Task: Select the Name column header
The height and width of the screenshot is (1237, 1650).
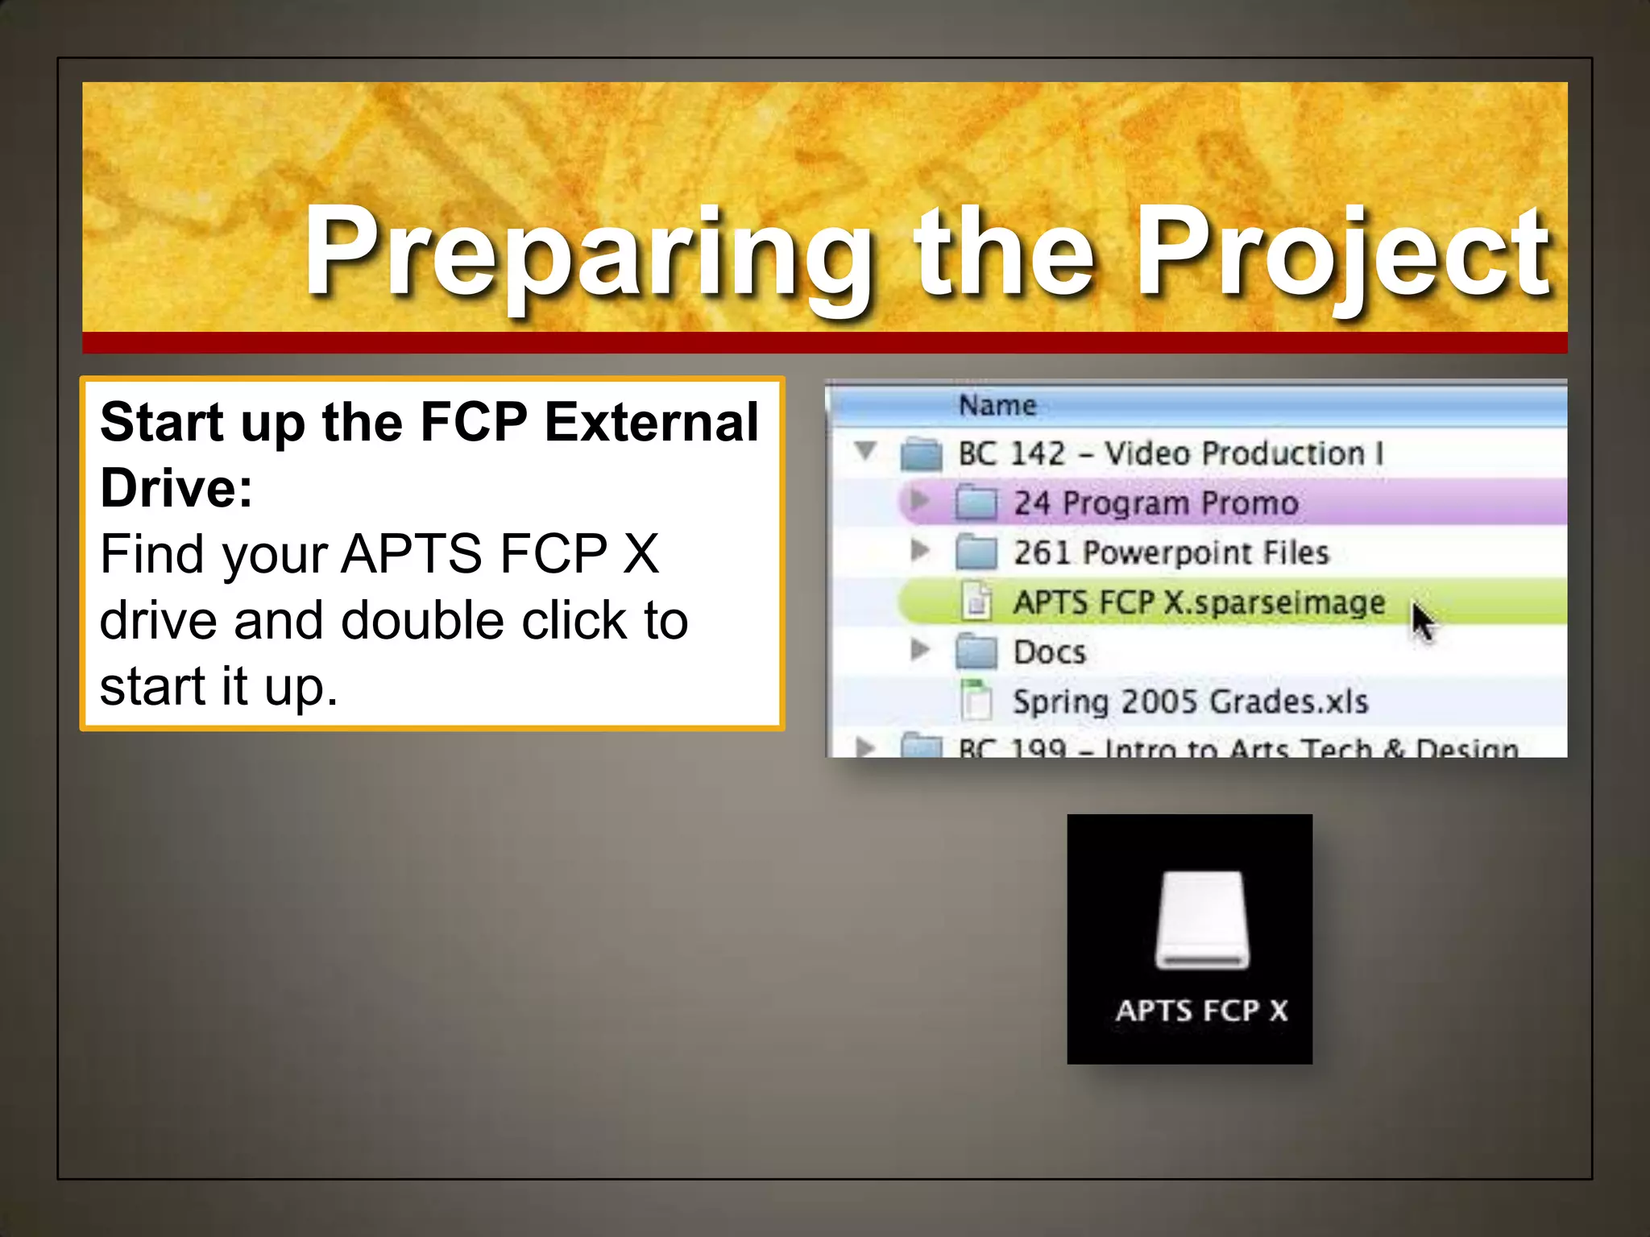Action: tap(997, 405)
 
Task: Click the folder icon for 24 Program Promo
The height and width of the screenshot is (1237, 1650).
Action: tap(976, 503)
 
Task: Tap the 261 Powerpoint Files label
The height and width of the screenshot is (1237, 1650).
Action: tap(1171, 553)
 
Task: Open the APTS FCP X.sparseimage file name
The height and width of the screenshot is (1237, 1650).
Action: tap(1199, 602)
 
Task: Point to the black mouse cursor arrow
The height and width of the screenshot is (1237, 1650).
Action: tap(1422, 622)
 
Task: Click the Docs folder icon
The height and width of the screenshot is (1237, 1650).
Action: tap(976, 652)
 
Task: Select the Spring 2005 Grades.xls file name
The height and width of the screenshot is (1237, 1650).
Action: tap(1190, 701)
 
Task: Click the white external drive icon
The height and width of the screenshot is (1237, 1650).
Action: tap(1202, 920)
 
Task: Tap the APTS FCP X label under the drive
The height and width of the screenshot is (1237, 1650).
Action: tap(1201, 1011)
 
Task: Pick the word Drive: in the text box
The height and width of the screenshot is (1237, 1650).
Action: tap(176, 488)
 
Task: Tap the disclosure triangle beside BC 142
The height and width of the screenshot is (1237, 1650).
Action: tap(866, 450)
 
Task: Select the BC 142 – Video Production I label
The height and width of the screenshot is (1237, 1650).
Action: tap(1171, 453)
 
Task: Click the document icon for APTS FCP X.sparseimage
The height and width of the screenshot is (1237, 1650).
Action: tap(976, 602)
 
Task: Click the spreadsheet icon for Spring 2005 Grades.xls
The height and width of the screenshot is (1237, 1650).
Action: tap(976, 700)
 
